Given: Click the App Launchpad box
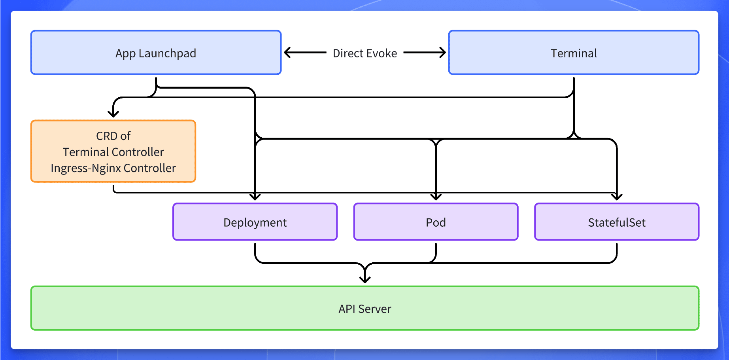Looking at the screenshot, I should pyautogui.click(x=156, y=53).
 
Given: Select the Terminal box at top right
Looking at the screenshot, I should pyautogui.click(x=574, y=53).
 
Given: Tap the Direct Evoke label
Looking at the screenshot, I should pyautogui.click(x=364, y=53).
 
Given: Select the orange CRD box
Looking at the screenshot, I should pyautogui.click(x=113, y=152).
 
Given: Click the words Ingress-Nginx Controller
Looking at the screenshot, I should pyautogui.click(x=113, y=168).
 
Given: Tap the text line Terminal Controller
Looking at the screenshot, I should pyautogui.click(x=113, y=152).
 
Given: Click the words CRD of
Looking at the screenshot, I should pyautogui.click(x=113, y=136).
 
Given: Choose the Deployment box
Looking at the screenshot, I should pyautogui.click(x=255, y=222).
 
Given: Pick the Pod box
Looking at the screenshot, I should pyautogui.click(x=436, y=222).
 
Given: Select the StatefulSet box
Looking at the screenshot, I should pyautogui.click(x=617, y=222).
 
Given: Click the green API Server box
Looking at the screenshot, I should pyautogui.click(x=364, y=308).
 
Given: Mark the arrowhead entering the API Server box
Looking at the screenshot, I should pyautogui.click(x=365, y=280).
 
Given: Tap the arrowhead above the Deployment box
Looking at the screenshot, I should pyautogui.click(x=255, y=197).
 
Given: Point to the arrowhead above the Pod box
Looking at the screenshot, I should pyautogui.click(x=436, y=197).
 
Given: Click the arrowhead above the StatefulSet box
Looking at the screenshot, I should pyautogui.click(x=617, y=197).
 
